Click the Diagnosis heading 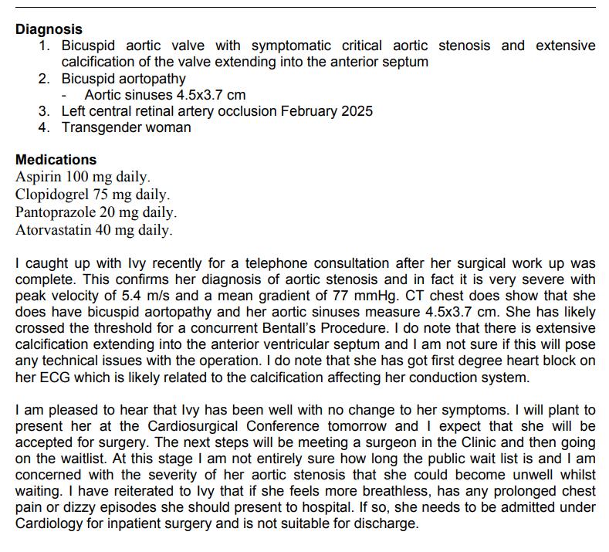[49, 29]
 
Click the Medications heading [56, 160]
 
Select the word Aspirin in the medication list [37, 177]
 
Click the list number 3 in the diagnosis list [45, 111]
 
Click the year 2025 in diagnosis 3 [357, 111]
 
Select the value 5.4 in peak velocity [143, 296]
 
